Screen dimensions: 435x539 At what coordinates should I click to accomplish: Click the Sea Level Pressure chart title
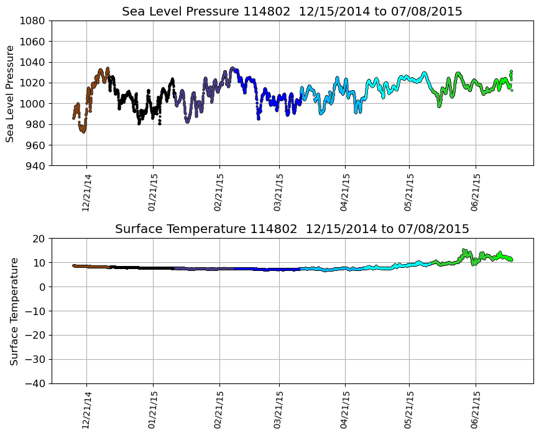pos(292,12)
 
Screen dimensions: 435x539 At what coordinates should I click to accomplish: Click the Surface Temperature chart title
pos(292,229)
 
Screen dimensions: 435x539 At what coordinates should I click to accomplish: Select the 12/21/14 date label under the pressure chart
pos(86,192)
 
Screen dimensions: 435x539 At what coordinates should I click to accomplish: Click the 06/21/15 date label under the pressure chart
pos(476,192)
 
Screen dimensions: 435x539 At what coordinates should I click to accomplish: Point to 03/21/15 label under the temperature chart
pos(279,410)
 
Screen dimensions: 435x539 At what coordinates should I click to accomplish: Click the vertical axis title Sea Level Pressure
pos(10,93)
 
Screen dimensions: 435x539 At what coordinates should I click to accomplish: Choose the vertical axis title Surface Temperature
pos(14,311)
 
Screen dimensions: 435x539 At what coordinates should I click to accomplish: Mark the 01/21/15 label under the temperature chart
pos(153,410)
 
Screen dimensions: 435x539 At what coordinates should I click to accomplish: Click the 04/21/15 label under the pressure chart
pos(345,192)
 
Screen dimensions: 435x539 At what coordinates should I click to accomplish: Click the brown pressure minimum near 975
pos(83,130)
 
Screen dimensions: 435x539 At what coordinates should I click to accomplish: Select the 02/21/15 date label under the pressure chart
pos(219,192)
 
